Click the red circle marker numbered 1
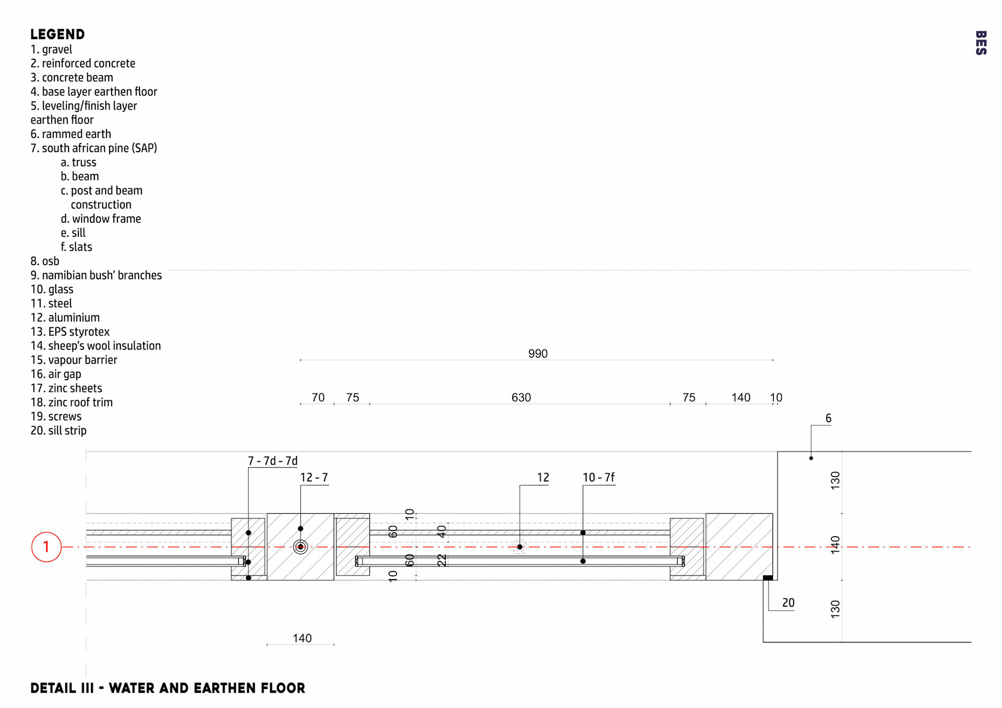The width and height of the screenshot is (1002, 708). [46, 547]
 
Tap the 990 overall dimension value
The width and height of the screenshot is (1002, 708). [538, 354]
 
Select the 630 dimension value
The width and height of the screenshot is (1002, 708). [521, 398]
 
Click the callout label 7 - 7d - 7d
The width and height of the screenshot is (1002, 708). [272, 461]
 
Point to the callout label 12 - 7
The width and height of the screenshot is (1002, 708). [314, 477]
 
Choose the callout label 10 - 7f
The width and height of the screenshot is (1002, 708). [599, 477]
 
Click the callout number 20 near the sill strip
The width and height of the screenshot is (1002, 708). [788, 603]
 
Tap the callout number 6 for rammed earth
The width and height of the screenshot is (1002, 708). [828, 418]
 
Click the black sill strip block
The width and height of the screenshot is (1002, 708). [768, 578]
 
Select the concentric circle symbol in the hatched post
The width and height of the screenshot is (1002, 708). [301, 547]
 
